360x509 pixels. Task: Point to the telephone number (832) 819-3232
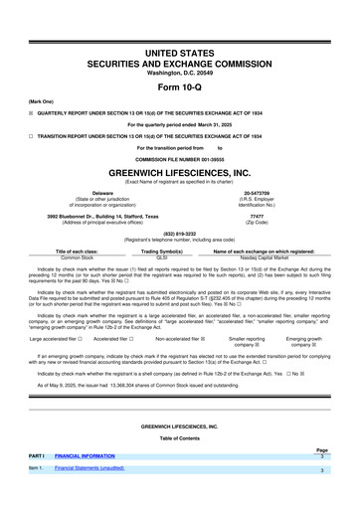pos(179,235)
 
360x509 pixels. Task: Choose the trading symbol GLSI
pos(175,256)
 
